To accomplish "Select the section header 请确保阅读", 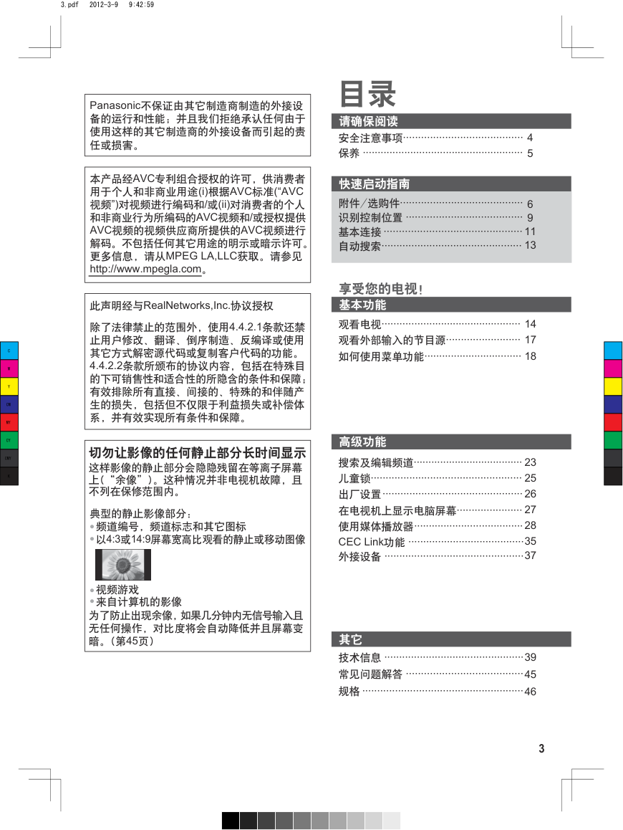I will tap(368, 122).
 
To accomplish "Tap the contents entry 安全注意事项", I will tap(370, 138).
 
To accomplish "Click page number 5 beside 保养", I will tap(530, 153).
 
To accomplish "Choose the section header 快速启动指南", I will tap(375, 184).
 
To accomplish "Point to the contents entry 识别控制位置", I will tap(370, 218).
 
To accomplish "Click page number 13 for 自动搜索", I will tap(530, 246).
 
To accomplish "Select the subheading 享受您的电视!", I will tap(380, 289).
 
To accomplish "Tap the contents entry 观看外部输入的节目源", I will tap(392, 340).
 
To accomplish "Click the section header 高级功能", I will tap(362, 442).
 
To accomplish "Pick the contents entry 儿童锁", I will tap(354, 478).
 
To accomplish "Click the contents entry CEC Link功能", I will tap(371, 542).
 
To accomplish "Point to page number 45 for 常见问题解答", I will tap(530, 674).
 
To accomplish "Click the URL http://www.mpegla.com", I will tap(145, 270).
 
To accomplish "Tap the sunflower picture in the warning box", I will tap(123, 565).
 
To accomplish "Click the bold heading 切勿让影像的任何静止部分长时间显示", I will tap(197, 454).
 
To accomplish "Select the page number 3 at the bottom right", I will tap(541, 749).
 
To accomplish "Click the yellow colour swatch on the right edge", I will tap(613, 387).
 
